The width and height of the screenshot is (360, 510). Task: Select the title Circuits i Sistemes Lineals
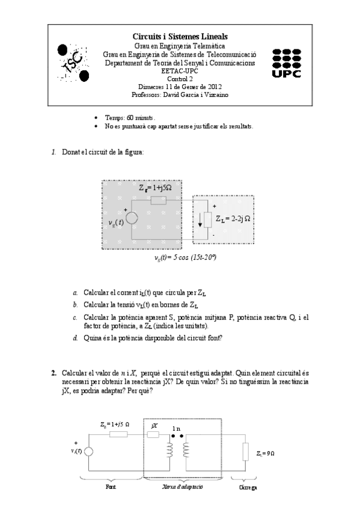pyautogui.click(x=180, y=37)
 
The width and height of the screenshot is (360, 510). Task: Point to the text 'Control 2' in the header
pyautogui.click(x=180, y=78)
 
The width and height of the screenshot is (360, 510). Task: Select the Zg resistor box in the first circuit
pyautogui.click(x=158, y=200)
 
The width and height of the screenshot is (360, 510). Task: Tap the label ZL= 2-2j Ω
pyautogui.click(x=233, y=219)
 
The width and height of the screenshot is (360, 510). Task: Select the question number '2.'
pyautogui.click(x=54, y=373)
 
